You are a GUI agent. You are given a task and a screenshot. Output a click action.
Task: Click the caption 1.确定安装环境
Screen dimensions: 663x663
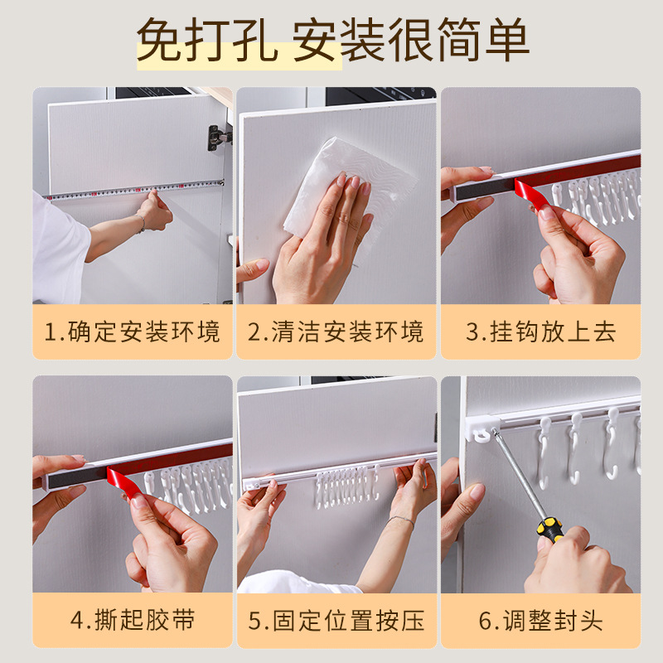(x=133, y=332)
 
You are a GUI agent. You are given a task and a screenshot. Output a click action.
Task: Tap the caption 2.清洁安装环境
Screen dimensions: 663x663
(x=336, y=332)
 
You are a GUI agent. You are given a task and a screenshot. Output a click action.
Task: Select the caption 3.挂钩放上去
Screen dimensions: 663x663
(x=540, y=332)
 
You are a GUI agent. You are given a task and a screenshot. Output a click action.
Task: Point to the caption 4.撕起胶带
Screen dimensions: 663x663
(x=133, y=620)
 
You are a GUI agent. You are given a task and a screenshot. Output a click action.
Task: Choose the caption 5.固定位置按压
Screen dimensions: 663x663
(x=336, y=620)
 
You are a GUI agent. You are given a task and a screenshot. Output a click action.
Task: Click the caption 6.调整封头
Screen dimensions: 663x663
(x=540, y=620)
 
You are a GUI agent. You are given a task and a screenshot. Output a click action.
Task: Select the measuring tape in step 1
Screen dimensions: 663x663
(x=133, y=191)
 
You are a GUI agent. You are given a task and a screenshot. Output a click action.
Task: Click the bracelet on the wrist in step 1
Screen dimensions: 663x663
(x=141, y=222)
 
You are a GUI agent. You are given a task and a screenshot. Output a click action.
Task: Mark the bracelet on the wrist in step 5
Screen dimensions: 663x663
(x=399, y=520)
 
